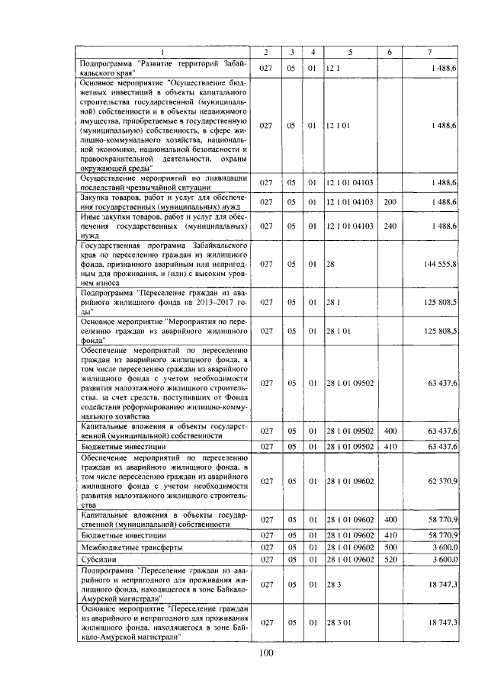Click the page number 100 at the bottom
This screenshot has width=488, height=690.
tap(265, 652)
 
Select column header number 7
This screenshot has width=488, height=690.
tap(430, 51)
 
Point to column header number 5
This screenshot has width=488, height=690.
tap(350, 51)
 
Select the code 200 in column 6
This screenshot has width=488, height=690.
tap(390, 201)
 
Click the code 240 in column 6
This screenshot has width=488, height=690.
tap(390, 226)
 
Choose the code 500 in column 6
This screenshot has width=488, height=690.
tap(390, 547)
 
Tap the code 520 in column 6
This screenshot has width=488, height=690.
tap(390, 559)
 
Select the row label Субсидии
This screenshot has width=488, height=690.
tap(99, 559)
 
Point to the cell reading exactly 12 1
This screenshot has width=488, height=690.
tap(332, 69)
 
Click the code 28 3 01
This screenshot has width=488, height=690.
tap(337, 623)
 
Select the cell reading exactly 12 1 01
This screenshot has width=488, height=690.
tap(337, 124)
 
